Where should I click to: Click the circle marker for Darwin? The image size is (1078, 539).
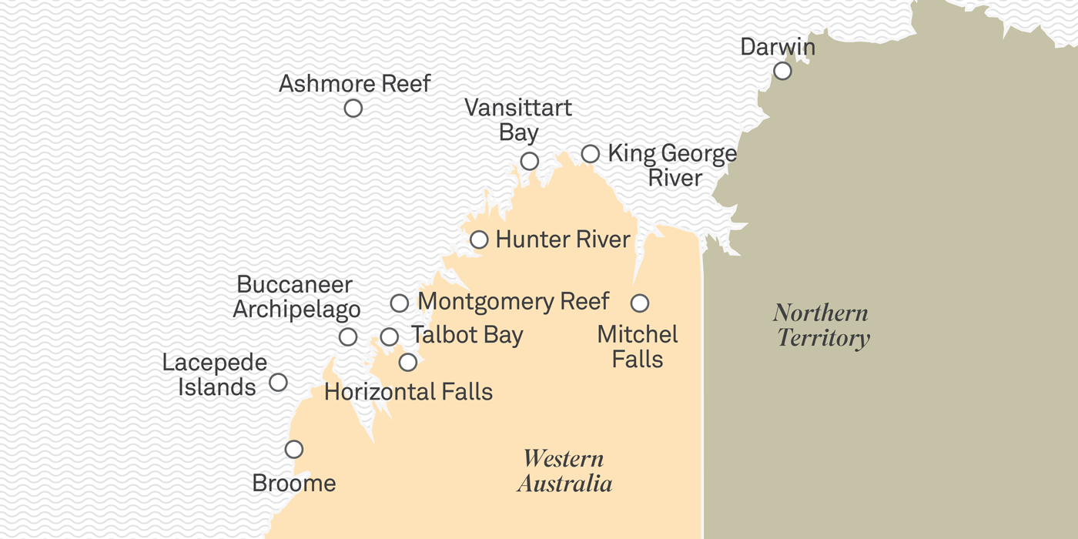[782, 71]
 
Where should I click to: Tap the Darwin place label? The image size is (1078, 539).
[777, 46]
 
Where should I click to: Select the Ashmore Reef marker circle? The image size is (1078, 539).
[353, 109]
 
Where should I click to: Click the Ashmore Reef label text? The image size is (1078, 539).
[354, 83]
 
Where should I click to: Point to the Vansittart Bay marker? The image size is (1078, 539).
[529, 161]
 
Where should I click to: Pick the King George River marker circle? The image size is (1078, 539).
[590, 154]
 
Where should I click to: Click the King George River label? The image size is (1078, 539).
[672, 166]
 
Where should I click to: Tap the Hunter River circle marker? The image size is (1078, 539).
[479, 239]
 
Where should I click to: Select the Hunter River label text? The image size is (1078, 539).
[563, 239]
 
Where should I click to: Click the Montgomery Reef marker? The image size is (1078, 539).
[399, 303]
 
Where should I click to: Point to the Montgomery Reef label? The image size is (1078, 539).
[513, 301]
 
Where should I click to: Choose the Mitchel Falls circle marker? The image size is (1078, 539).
[639, 303]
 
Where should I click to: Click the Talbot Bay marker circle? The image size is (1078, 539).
[390, 336]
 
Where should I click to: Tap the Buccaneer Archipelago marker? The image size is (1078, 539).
[348, 336]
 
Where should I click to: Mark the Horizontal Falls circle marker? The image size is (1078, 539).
[408, 362]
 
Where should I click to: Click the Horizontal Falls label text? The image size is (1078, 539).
[408, 392]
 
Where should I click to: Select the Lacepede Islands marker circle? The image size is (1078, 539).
[278, 382]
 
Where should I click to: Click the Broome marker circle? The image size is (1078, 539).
[293, 449]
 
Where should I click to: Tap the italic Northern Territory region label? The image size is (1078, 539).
[821, 325]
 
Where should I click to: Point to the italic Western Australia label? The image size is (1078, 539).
[564, 470]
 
